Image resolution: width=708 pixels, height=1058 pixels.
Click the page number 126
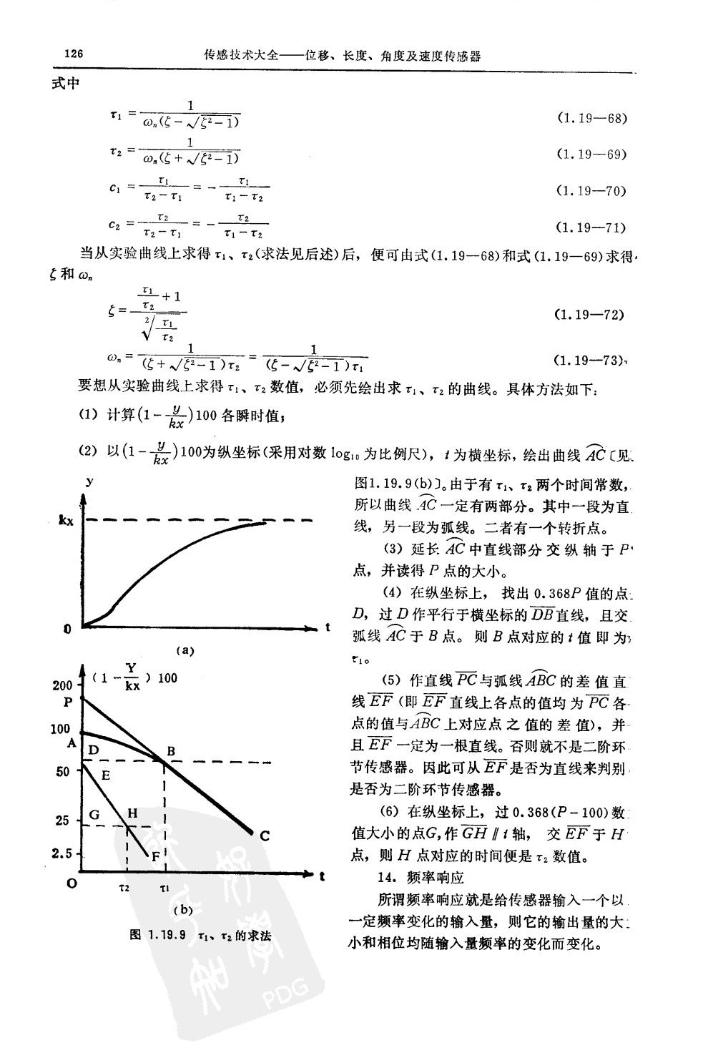tap(74, 54)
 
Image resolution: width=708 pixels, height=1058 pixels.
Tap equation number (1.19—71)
tap(591, 227)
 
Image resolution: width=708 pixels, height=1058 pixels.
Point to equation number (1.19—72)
tap(590, 314)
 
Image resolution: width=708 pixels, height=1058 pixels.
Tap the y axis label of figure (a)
tap(89, 482)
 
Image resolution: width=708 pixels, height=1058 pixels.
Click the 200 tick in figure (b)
tap(62, 685)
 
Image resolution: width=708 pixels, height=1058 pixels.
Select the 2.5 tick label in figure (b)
tap(62, 853)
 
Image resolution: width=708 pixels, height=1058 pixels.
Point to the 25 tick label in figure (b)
tap(62, 821)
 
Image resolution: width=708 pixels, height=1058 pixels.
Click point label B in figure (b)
tap(171, 750)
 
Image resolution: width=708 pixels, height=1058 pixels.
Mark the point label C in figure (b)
tap(264, 835)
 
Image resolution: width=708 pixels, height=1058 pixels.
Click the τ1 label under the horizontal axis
tap(164, 888)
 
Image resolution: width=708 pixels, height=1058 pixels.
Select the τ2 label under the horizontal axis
tap(124, 888)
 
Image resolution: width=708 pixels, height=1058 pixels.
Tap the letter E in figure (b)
tap(105, 775)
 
